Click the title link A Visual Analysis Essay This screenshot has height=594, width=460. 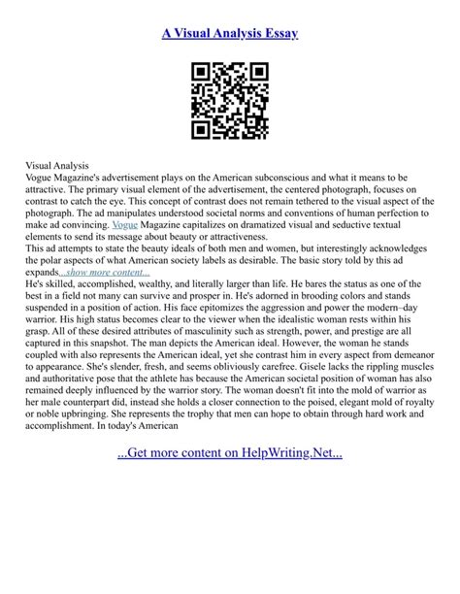(230, 34)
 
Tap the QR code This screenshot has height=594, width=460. (230, 100)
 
